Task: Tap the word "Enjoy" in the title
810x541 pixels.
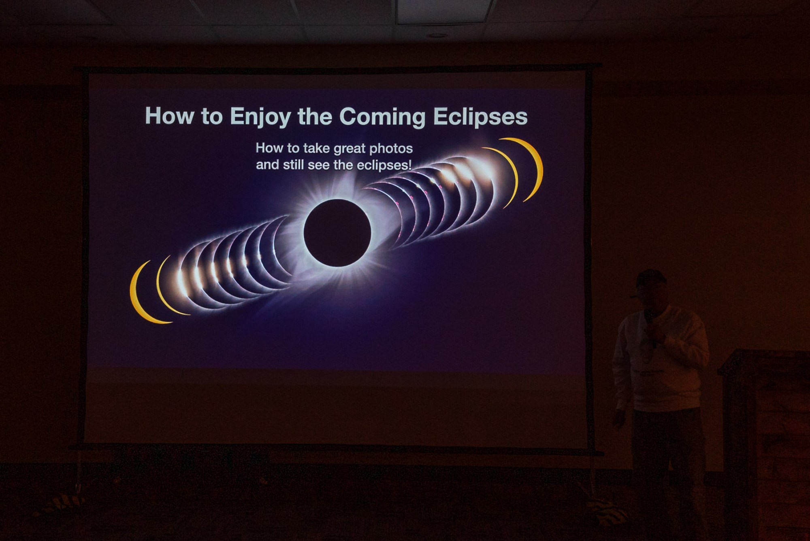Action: [x=260, y=118]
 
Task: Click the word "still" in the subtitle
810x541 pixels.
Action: [x=292, y=165]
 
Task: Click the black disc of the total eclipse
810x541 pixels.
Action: [x=337, y=233]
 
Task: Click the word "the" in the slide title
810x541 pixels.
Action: [x=314, y=116]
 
